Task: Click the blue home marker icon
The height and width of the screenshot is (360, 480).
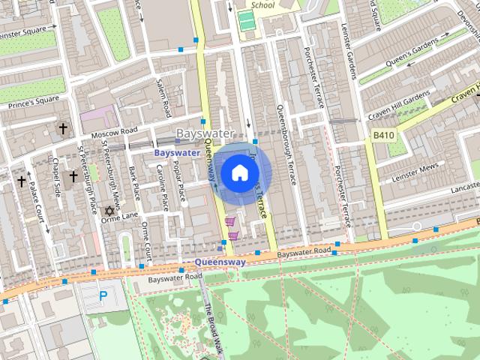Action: [238, 173]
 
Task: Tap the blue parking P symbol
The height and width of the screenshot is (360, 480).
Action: [103, 296]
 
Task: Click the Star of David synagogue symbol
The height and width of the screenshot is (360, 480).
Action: [109, 212]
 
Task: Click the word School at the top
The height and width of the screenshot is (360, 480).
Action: [263, 4]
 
